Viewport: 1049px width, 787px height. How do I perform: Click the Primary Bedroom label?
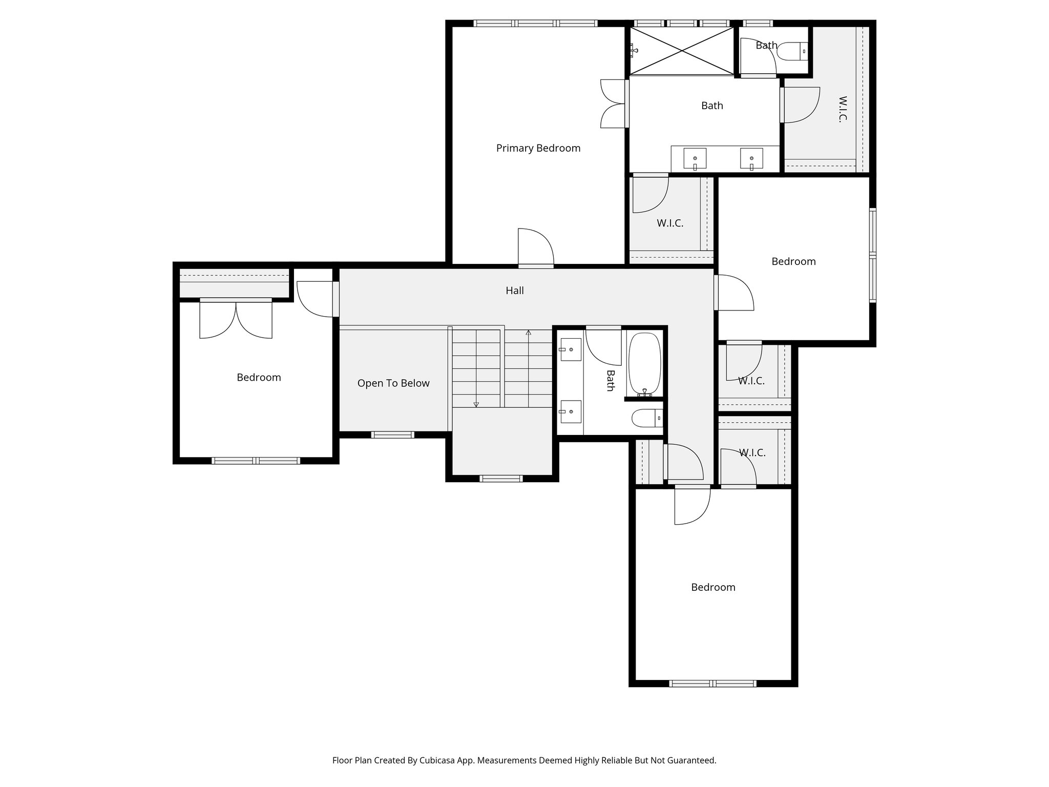coord(538,148)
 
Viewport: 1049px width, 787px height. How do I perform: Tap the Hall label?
coord(514,291)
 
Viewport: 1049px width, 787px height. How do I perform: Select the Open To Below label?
coord(393,383)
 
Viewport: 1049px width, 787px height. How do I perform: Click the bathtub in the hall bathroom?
coord(644,364)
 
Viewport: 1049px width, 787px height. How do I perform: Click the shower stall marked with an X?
coord(681,50)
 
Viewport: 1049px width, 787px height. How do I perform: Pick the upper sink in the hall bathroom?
coord(570,349)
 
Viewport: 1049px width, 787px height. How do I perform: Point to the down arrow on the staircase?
coord(476,404)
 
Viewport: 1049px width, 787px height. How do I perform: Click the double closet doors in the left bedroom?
coord(236,320)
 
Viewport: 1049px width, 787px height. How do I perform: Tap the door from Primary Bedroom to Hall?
coord(536,248)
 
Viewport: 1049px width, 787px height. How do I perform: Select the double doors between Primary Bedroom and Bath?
coord(613,103)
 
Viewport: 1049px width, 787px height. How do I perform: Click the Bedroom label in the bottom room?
coord(713,587)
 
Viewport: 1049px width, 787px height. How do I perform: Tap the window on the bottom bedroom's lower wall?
coord(712,683)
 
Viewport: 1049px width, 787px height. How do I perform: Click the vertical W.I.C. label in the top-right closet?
coord(842,109)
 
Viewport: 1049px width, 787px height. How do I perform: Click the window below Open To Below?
coord(392,435)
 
